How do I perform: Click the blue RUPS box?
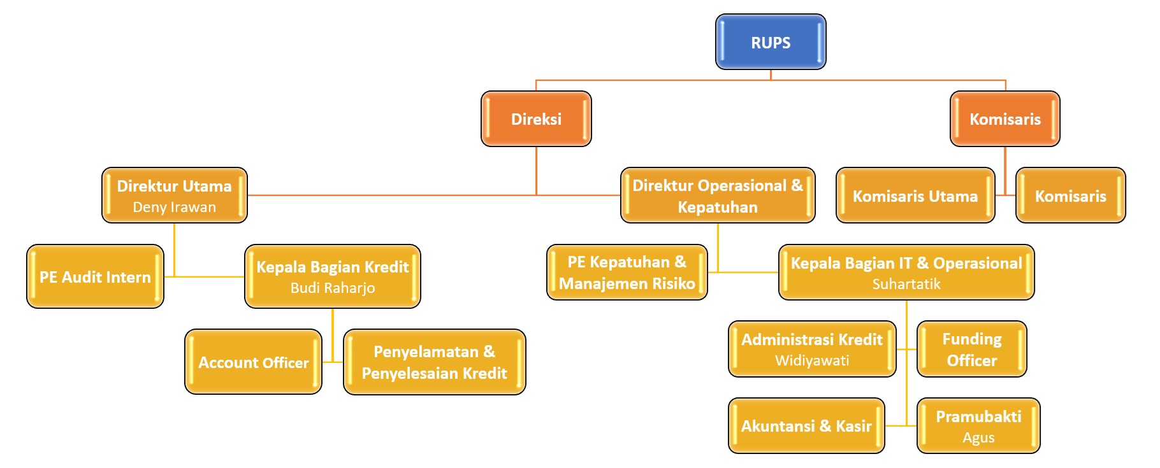point(771,42)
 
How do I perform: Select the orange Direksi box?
point(536,119)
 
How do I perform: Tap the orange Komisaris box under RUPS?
point(1004,119)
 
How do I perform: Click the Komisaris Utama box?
point(915,196)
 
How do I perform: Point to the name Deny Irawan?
point(174,207)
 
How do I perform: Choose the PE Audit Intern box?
point(95,277)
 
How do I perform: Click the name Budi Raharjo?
point(333,288)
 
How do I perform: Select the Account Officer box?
point(253,362)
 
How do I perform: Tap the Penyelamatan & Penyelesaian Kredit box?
point(434,362)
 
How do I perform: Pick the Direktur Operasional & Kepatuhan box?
point(718,195)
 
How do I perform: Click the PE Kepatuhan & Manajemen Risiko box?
point(627,273)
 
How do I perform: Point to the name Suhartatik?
point(906,284)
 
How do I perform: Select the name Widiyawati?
point(812,360)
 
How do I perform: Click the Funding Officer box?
point(971,350)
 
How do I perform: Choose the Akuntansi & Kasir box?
point(806,426)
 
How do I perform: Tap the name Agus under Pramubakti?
point(978,437)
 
